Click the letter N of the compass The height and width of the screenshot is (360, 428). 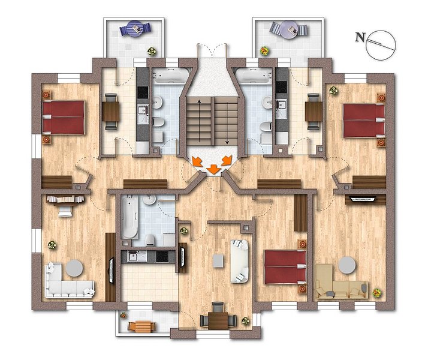(360, 37)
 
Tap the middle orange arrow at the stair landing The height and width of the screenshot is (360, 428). (213, 169)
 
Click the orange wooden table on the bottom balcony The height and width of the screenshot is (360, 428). (142, 326)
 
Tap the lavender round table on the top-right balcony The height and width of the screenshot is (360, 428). (289, 29)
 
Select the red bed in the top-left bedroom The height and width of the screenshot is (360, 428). (63, 118)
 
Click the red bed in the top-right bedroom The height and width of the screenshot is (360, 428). (364, 121)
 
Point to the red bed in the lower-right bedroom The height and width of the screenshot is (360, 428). (285, 267)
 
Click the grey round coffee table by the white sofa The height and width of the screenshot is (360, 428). (74, 268)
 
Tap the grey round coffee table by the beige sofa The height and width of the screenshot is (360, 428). (347, 265)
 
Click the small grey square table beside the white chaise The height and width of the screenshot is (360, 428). (218, 261)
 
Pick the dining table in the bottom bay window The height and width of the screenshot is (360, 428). (218, 320)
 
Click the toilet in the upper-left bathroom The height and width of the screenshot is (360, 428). (158, 122)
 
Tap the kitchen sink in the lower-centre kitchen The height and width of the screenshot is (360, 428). (134, 256)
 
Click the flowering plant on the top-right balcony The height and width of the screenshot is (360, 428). (264, 50)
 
